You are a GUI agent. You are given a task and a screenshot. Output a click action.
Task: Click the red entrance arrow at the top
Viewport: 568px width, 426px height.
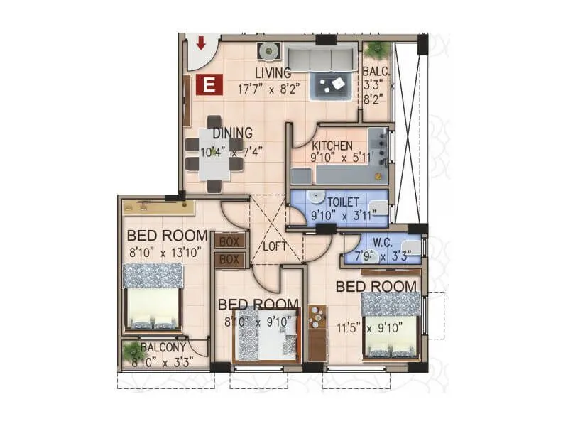click(x=201, y=43)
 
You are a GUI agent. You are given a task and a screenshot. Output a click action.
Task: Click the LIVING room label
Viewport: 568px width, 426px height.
click(x=273, y=73)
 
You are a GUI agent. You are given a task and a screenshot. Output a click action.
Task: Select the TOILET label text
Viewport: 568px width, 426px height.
click(x=343, y=202)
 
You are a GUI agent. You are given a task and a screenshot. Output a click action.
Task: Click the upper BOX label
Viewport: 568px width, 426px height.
click(x=229, y=241)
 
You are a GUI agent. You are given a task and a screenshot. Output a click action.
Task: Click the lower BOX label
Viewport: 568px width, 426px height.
click(x=229, y=260)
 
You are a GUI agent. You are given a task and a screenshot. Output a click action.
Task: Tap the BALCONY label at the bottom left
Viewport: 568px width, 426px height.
click(x=163, y=347)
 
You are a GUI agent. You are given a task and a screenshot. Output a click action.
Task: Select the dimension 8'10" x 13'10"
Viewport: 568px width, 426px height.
click(x=165, y=251)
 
